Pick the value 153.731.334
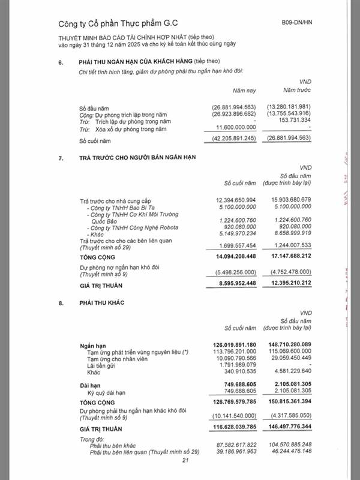293,121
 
